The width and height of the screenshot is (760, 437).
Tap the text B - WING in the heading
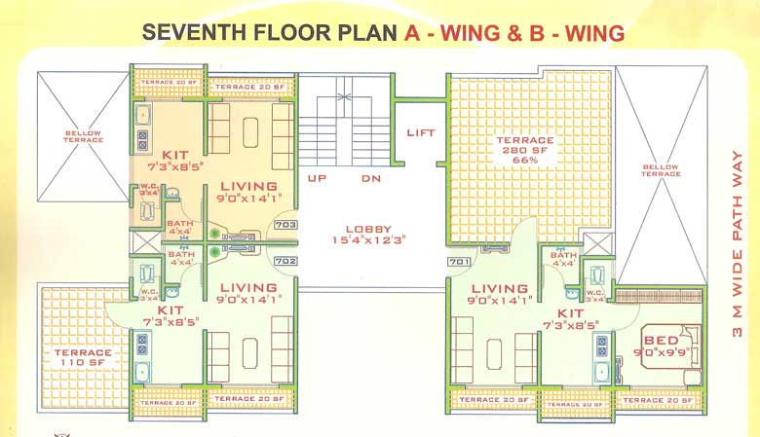568,33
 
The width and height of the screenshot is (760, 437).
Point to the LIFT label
421,133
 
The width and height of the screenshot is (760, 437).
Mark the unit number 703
285,225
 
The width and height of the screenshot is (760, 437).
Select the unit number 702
285,261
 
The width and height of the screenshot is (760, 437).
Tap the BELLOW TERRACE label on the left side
83,136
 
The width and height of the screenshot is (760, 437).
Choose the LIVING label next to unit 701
500,288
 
